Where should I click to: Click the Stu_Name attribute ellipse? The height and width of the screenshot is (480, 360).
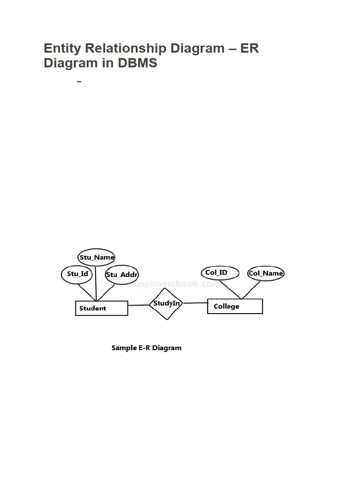click(x=96, y=257)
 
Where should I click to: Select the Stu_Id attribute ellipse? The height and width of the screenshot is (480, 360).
click(x=77, y=274)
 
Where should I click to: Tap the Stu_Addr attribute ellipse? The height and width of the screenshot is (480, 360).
click(x=121, y=275)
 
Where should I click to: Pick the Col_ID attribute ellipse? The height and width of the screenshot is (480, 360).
click(x=220, y=273)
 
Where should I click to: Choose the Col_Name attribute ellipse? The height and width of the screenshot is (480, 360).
click(x=266, y=273)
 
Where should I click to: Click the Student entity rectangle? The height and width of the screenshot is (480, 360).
click(x=101, y=308)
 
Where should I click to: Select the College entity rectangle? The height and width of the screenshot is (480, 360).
click(x=235, y=306)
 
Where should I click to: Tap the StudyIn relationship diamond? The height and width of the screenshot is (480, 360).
click(x=166, y=304)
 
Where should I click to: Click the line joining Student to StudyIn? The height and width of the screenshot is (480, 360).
click(x=139, y=305)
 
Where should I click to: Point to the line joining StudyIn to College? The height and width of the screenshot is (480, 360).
click(x=195, y=303)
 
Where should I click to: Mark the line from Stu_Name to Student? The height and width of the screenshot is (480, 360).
click(x=96, y=283)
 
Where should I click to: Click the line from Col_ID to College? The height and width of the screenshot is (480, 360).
click(x=231, y=289)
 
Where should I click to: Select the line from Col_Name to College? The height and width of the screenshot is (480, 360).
click(x=251, y=290)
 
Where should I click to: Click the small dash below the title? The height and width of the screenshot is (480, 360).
click(x=79, y=82)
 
